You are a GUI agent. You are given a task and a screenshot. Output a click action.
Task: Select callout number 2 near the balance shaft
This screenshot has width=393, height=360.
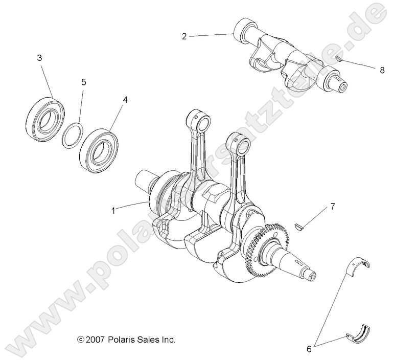click(x=184, y=36)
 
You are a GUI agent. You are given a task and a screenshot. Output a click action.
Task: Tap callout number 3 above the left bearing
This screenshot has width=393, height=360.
click(x=39, y=58)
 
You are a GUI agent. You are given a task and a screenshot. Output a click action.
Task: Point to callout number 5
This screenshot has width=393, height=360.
click(x=84, y=82)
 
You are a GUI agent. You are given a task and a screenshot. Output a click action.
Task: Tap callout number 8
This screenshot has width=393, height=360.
click(x=382, y=71)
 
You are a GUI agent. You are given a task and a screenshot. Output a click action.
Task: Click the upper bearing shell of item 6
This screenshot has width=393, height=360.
click(x=360, y=266)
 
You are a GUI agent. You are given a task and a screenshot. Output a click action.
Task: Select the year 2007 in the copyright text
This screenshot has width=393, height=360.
click(x=95, y=339)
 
